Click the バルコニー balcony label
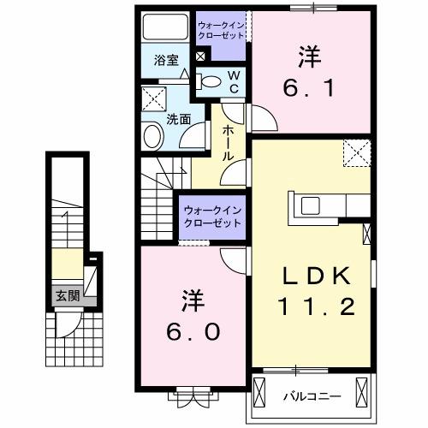[x=312, y=396]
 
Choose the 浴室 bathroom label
[x=166, y=61]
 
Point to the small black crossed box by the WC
[x=201, y=56]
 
